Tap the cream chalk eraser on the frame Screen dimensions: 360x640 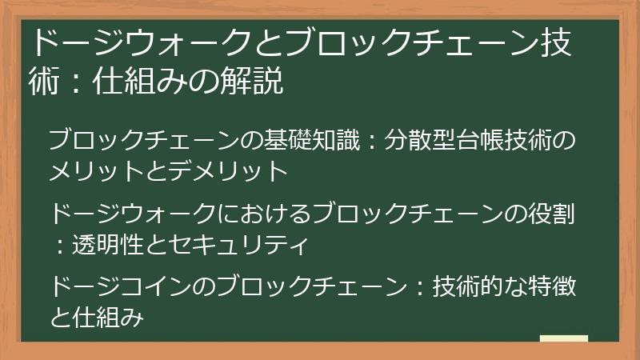pyautogui.click(x=563, y=339)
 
